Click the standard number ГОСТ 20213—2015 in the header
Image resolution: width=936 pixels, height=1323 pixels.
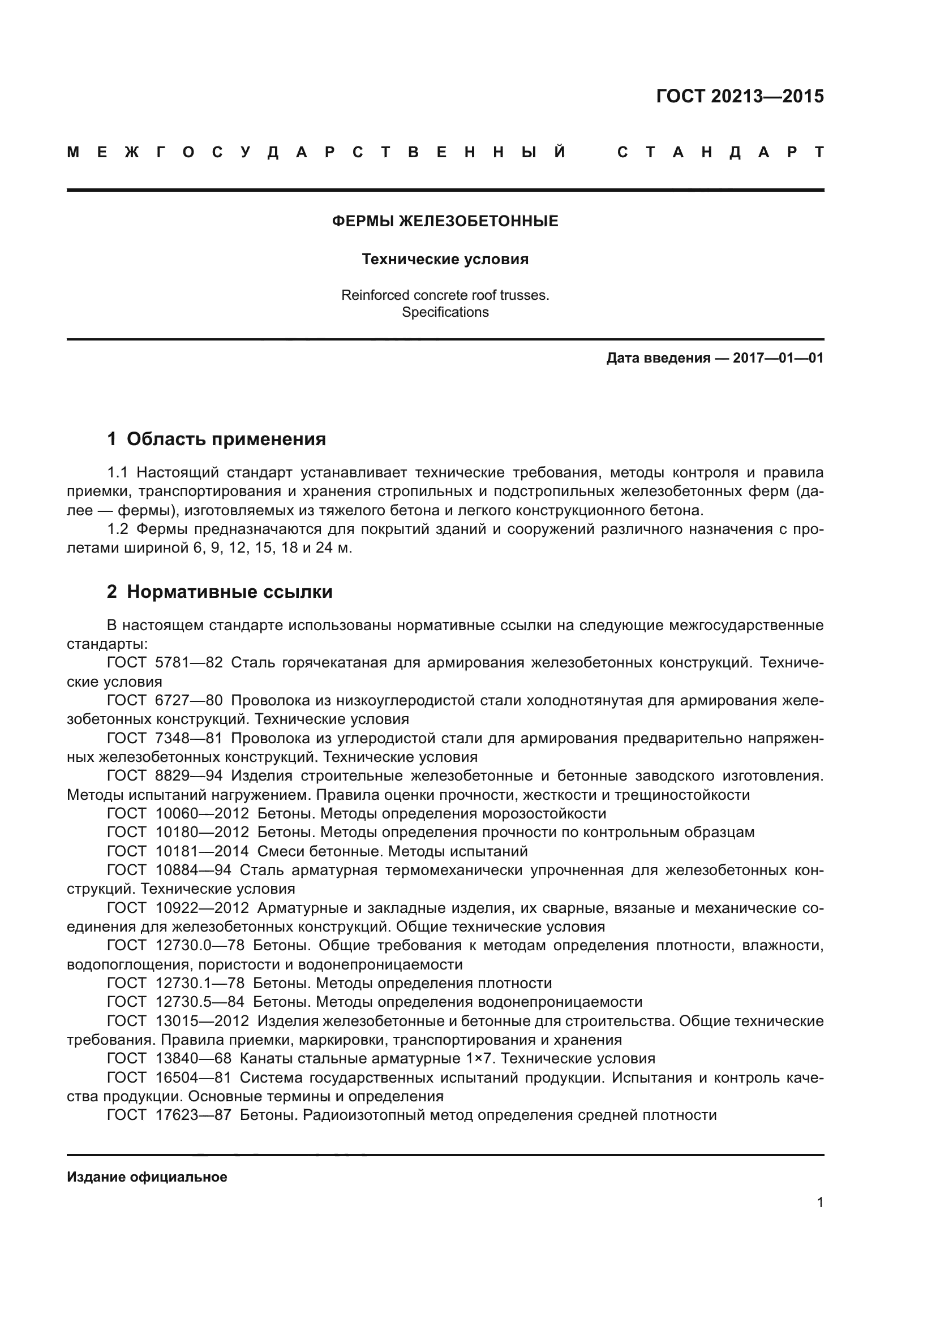pos(740,96)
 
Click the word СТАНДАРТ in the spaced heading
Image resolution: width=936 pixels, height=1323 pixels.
pos(720,152)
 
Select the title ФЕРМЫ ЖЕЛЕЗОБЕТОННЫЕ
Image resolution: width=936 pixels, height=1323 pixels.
pos(445,221)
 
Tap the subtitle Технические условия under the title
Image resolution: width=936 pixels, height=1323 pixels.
pos(445,259)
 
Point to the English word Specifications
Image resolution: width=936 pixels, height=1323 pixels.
pos(445,312)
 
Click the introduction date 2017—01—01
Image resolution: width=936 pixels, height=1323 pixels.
pos(778,358)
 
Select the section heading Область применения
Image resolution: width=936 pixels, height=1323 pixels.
pos(226,439)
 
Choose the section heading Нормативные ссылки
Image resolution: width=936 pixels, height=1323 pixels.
pos(229,592)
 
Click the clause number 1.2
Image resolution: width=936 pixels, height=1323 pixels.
pos(118,529)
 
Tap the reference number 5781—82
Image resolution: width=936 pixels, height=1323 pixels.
pos(188,663)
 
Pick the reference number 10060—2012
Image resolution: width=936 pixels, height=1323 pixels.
pos(201,813)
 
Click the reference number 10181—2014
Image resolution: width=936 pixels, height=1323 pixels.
pos(201,851)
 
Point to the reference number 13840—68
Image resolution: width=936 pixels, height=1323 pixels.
pos(193,1058)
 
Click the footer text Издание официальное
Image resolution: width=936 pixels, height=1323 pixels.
pos(147,1177)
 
